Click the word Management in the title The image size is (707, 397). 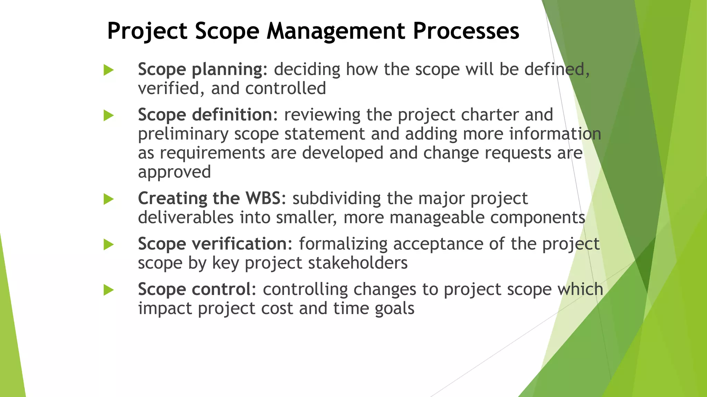point(336,31)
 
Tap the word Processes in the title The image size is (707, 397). point(466,31)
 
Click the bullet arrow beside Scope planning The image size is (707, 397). point(108,70)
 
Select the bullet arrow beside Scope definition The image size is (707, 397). point(108,115)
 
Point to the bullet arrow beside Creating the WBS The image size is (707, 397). point(108,199)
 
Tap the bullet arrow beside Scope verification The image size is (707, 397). point(108,245)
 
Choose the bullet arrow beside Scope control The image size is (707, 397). point(108,290)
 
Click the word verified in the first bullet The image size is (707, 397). point(168,89)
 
